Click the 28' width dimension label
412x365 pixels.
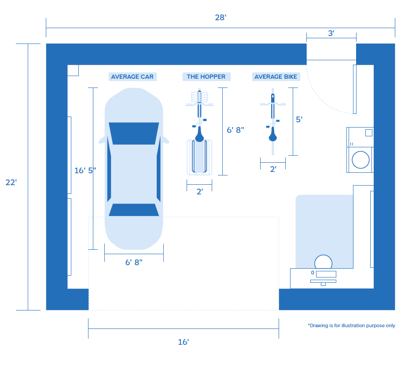pyautogui.click(x=221, y=18)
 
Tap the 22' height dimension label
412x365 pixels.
pyautogui.click(x=11, y=182)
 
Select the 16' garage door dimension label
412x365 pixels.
pyautogui.click(x=184, y=342)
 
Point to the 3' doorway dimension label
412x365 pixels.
pyautogui.click(x=331, y=33)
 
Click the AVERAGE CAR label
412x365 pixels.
pyautogui.click(x=132, y=77)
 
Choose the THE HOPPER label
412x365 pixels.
pyautogui.click(x=206, y=77)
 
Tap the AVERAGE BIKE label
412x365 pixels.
pyautogui.click(x=276, y=77)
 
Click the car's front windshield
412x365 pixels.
pyautogui.click(x=134, y=133)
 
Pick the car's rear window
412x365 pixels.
pyautogui.click(x=134, y=210)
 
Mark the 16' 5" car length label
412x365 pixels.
pyautogui.click(x=85, y=171)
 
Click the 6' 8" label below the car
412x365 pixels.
pyautogui.click(x=134, y=263)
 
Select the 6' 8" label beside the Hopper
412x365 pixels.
pyautogui.click(x=235, y=130)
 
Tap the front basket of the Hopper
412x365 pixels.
pyautogui.click(x=199, y=97)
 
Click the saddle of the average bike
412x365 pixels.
pyautogui.click(x=273, y=135)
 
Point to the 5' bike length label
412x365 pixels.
pyautogui.click(x=299, y=120)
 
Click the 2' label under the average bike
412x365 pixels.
pyautogui.click(x=273, y=169)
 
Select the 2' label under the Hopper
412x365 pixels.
pyautogui.click(x=200, y=192)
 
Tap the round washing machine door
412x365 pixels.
pyautogui.click(x=360, y=160)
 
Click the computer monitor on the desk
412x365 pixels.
pyautogui.click(x=326, y=274)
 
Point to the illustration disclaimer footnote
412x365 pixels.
pyautogui.click(x=351, y=325)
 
